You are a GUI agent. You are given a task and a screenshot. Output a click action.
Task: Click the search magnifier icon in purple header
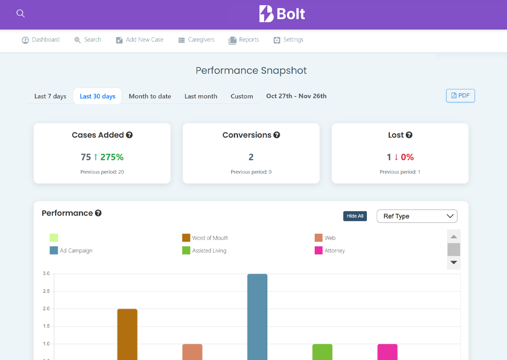pos(21,14)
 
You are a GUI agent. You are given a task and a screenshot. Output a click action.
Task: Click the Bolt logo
pos(282,14)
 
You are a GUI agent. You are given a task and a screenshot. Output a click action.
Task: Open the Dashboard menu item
pos(41,40)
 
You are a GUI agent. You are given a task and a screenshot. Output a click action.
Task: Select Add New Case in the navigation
pos(140,40)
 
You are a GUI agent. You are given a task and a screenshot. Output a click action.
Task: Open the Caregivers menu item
pos(197,40)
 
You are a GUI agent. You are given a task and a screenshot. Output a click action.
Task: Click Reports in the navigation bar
pos(244,40)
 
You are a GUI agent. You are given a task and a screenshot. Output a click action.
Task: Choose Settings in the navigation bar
pos(288,40)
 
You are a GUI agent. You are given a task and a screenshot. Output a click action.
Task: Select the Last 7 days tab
pos(50,96)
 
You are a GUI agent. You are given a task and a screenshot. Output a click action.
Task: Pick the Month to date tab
pos(150,96)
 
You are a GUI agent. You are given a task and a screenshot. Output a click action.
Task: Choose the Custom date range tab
pos(242,96)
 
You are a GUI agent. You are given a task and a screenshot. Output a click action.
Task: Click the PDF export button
pos(460,96)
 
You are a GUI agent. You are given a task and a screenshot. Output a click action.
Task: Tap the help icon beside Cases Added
pos(129,135)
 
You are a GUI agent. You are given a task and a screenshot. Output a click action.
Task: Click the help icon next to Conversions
pos(277,135)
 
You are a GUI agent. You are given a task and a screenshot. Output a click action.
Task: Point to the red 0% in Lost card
pos(407,157)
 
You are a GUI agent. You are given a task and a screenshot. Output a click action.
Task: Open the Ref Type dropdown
pos(416,216)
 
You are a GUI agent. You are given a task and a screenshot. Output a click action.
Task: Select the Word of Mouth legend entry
pos(210,238)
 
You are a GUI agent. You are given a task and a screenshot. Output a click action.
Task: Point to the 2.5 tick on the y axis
pos(46,291)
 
